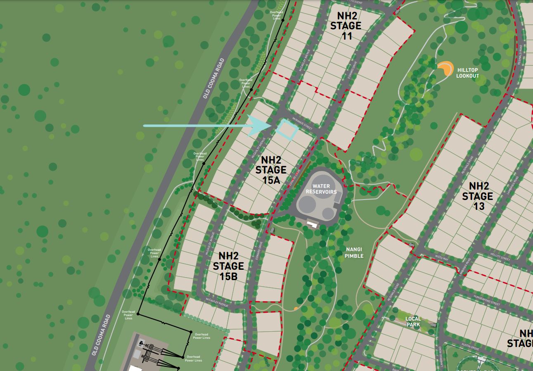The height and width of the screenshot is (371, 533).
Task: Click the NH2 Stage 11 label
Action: (x=346, y=26)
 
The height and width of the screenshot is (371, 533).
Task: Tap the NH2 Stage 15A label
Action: (x=271, y=169)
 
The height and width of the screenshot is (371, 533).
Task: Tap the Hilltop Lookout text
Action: (x=467, y=73)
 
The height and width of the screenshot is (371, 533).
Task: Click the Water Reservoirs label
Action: (x=321, y=189)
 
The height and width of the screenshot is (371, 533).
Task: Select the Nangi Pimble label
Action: (x=354, y=252)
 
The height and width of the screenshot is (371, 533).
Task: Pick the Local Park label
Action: (x=413, y=321)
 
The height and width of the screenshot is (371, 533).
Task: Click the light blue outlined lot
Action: (x=287, y=129)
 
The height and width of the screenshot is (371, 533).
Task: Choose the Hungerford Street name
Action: (x=487, y=301)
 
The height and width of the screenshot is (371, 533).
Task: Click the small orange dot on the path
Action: (x=296, y=308)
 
